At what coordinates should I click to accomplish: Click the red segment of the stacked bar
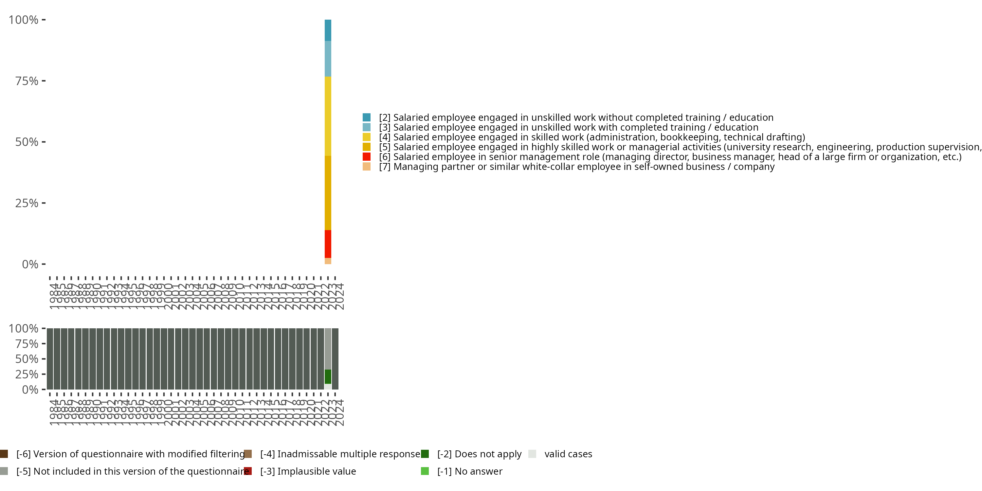[328, 244]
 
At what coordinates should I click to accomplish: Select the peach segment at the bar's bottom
[328, 261]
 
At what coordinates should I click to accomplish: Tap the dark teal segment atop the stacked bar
[328, 30]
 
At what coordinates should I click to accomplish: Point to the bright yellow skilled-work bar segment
[328, 116]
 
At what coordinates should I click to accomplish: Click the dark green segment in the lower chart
[328, 377]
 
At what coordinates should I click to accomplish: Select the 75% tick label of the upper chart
[27, 81]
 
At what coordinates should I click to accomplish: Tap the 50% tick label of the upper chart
[27, 142]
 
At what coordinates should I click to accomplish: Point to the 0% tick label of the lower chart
[30, 390]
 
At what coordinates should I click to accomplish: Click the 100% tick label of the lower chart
[23, 329]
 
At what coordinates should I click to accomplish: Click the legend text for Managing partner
[576, 167]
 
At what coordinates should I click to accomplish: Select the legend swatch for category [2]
[366, 118]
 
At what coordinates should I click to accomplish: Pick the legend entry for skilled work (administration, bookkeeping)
[591, 137]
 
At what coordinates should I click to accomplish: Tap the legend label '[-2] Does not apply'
[479, 454]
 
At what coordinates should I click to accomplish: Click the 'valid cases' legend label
[568, 454]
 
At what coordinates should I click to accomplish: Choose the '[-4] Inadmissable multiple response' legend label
[340, 454]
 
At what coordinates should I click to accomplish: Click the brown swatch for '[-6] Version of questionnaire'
[4, 454]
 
